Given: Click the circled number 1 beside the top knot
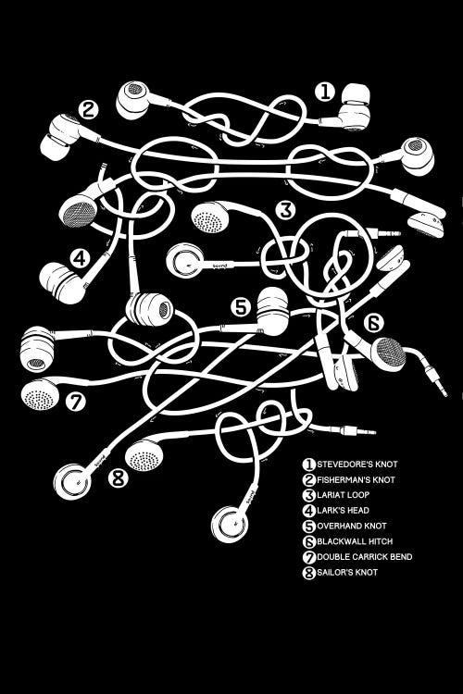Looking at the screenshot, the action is [x=325, y=92].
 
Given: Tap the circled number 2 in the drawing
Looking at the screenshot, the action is [x=88, y=109].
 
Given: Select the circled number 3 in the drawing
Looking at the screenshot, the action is [x=285, y=210].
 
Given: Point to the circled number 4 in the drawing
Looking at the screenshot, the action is [x=80, y=258].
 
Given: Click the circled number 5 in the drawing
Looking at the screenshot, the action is [x=241, y=306].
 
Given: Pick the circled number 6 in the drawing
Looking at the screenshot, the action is [x=373, y=323].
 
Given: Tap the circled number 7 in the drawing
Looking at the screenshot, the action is [x=76, y=402].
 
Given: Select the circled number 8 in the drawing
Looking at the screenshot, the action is [x=119, y=478].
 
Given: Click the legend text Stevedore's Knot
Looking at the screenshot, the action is [x=357, y=465].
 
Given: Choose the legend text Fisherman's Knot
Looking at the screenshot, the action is [x=356, y=479].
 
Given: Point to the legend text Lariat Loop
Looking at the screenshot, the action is [x=343, y=495].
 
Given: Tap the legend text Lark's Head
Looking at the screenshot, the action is [x=343, y=510].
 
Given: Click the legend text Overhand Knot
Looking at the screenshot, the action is [x=352, y=526].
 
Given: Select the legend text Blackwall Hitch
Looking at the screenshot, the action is [x=355, y=541].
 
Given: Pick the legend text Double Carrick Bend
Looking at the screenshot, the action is [x=365, y=557].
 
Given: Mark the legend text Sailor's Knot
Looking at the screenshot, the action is [x=347, y=572].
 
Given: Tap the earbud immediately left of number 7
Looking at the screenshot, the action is [x=40, y=393].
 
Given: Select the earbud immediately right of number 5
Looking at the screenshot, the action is [x=272, y=311].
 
